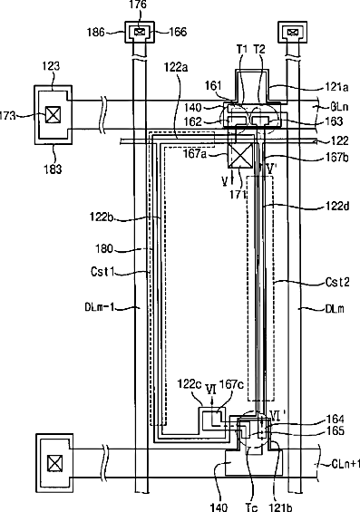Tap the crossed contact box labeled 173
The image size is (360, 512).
click(53, 115)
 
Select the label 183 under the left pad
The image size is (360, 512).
click(53, 169)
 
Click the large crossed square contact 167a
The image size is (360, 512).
click(240, 155)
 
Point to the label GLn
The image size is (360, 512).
click(339, 107)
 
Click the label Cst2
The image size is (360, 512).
click(337, 282)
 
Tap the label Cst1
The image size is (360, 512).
click(102, 272)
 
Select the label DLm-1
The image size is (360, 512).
click(100, 307)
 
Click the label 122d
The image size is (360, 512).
click(337, 206)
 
